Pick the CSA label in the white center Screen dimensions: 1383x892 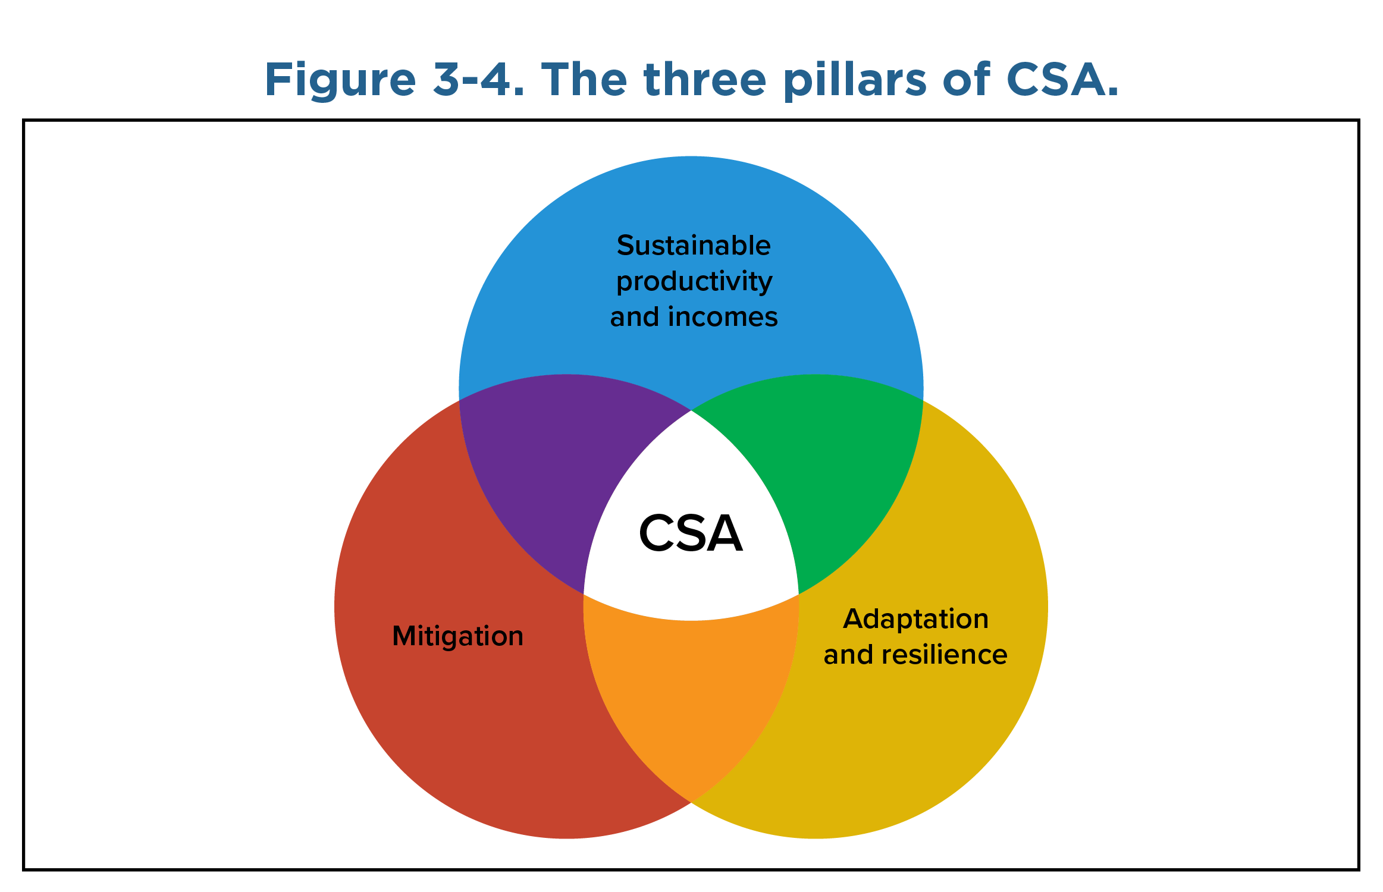(x=691, y=533)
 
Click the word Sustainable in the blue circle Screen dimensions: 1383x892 (x=694, y=245)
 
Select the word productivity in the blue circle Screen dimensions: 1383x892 (x=694, y=282)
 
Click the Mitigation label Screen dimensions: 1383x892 (x=458, y=636)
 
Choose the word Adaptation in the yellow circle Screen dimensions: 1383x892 (x=916, y=620)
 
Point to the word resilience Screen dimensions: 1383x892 (x=945, y=655)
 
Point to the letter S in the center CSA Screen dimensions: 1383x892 (x=690, y=533)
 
